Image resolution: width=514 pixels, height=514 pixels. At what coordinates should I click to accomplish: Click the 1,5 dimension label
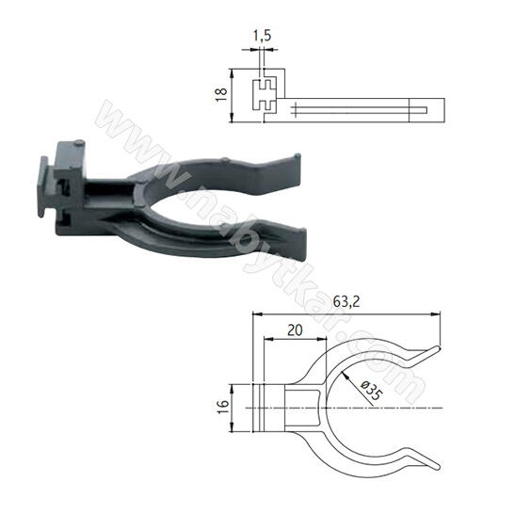[x=263, y=36]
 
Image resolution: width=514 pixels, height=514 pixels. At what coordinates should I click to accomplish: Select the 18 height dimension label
[x=221, y=94]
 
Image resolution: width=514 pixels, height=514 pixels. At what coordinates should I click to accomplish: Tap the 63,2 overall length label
[x=346, y=301]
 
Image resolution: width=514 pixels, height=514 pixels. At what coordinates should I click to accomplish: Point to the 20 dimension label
[x=295, y=330]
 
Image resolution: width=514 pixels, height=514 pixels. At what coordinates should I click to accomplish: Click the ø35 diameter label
[x=372, y=390]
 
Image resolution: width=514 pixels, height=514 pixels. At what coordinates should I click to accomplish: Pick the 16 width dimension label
[x=223, y=408]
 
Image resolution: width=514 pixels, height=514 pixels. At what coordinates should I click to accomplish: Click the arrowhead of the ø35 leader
[x=345, y=375]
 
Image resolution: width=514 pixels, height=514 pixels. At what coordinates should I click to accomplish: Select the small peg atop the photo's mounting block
[x=79, y=142]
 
